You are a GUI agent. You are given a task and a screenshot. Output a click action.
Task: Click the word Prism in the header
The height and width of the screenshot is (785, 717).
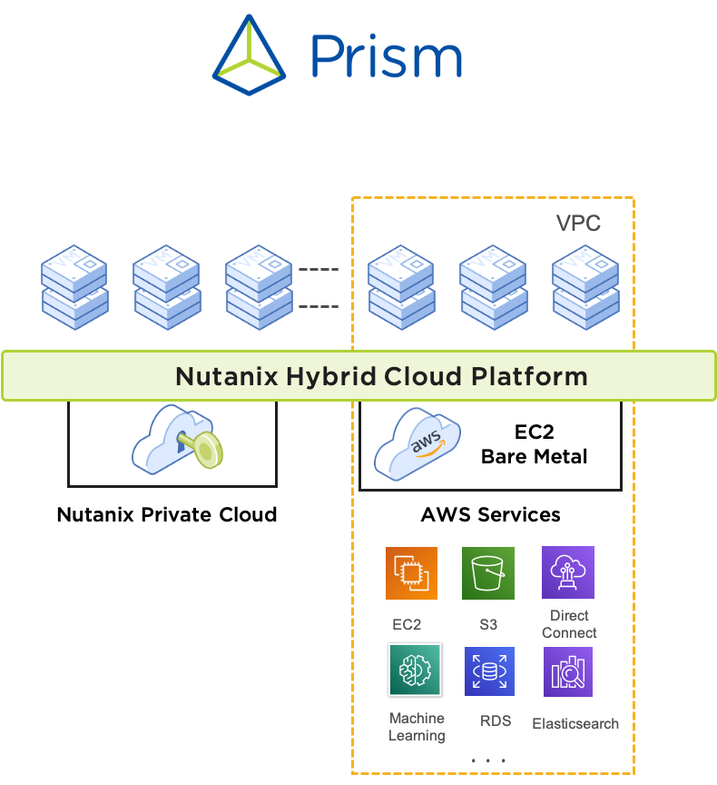(x=386, y=57)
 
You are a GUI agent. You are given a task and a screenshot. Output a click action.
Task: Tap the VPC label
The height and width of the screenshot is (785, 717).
(x=578, y=224)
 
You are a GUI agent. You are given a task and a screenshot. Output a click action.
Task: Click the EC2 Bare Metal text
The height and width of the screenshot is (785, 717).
(x=534, y=444)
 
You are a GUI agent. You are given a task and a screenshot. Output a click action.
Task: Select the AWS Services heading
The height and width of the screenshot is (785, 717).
(x=490, y=515)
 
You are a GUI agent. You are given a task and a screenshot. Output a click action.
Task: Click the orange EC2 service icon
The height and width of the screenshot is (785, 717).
(x=411, y=573)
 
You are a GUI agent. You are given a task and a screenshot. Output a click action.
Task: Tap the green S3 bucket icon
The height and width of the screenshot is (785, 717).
(x=488, y=573)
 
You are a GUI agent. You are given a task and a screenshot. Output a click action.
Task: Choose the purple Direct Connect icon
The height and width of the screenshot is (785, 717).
(x=568, y=572)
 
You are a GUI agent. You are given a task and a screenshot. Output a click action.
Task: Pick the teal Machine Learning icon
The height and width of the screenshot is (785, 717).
(x=415, y=671)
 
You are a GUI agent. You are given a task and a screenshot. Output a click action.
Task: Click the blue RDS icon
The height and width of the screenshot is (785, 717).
(x=489, y=671)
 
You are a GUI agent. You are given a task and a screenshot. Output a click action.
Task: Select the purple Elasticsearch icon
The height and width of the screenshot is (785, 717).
(x=568, y=671)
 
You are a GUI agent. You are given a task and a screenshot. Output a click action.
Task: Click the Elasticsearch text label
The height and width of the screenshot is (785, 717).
(x=575, y=724)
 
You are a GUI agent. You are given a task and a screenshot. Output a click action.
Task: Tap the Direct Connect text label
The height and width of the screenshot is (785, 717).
(x=569, y=624)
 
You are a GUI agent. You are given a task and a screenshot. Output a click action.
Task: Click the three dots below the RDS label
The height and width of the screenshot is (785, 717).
(x=488, y=760)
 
